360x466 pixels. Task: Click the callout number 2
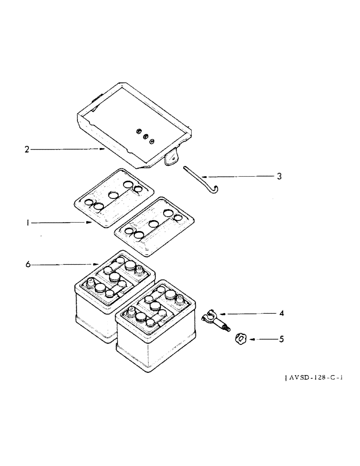(27, 150)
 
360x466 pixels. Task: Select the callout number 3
(279, 177)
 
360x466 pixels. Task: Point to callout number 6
(28, 264)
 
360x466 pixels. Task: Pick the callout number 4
(281, 313)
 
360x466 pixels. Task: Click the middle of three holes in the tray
(145, 137)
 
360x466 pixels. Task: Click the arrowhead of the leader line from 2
(105, 150)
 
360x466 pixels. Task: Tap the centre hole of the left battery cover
(112, 195)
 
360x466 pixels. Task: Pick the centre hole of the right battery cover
(153, 224)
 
